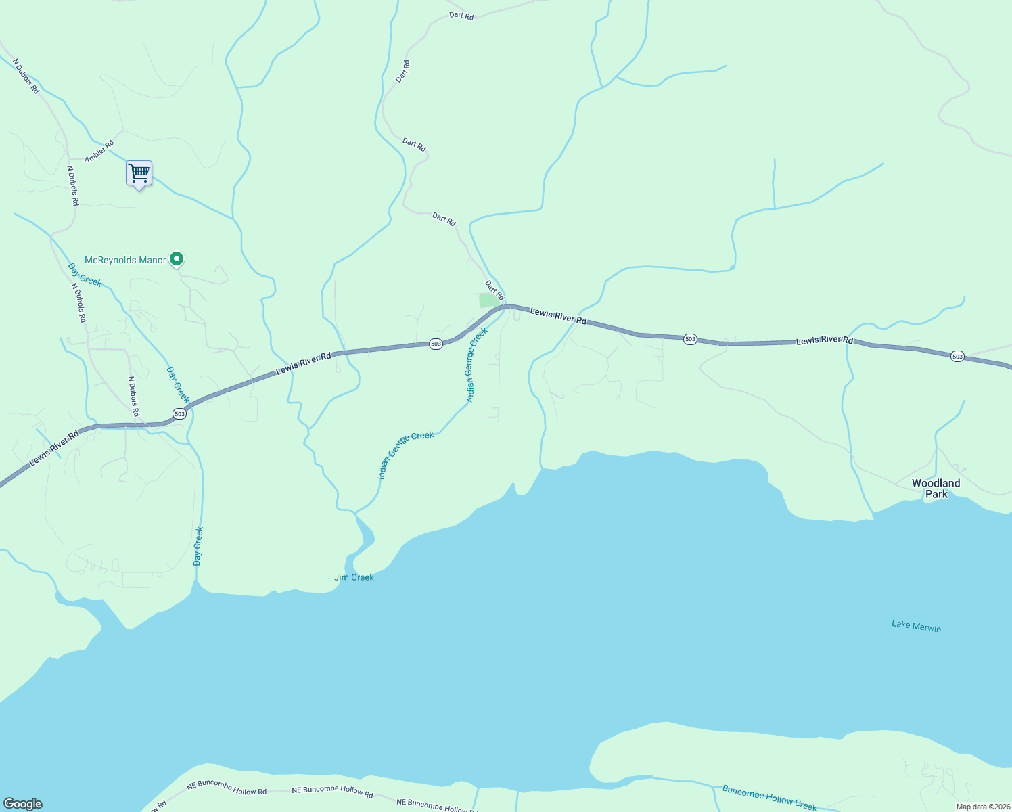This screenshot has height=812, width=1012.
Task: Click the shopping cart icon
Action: pyautogui.click(x=139, y=173)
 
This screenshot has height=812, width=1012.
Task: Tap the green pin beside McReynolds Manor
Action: pyautogui.click(x=177, y=258)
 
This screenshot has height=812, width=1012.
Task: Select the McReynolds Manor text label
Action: pyautogui.click(x=125, y=260)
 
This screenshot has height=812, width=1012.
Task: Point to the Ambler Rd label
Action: pyautogui.click(x=99, y=151)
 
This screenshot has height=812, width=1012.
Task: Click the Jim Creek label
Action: pyautogui.click(x=354, y=577)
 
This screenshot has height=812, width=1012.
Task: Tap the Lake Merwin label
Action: pyautogui.click(x=916, y=626)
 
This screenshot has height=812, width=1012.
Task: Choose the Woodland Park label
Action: pyautogui.click(x=936, y=488)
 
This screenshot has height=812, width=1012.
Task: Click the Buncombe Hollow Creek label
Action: pyautogui.click(x=769, y=798)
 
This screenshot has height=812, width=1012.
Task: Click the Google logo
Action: pyautogui.click(x=23, y=804)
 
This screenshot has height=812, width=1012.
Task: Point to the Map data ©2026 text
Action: pyautogui.click(x=982, y=807)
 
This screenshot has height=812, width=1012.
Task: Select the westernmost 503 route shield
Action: pyautogui.click(x=179, y=413)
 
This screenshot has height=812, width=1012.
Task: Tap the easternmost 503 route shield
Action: pyautogui.click(x=957, y=356)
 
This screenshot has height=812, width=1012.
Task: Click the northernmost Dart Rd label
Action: pyautogui.click(x=461, y=15)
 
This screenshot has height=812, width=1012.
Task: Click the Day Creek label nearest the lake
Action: pyautogui.click(x=198, y=546)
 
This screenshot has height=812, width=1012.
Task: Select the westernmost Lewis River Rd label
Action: pyautogui.click(x=54, y=448)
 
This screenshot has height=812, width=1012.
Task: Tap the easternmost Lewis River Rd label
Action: pyautogui.click(x=825, y=340)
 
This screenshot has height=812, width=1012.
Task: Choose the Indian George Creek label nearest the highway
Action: pyautogui.click(x=476, y=365)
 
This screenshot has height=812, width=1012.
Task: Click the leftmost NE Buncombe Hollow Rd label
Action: pyautogui.click(x=227, y=788)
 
